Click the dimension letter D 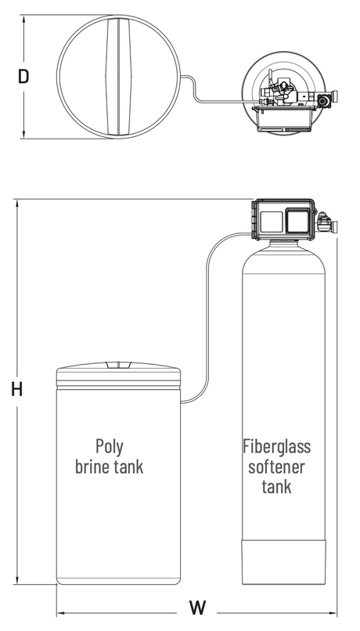[23, 77]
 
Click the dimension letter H [17, 390]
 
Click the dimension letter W [197, 608]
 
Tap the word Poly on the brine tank [110, 446]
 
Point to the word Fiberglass [277, 446]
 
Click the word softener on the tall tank [277, 467]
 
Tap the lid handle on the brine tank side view [119, 365]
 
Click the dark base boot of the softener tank [283, 562]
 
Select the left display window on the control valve [271, 222]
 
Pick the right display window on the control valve [297, 221]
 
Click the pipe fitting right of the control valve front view [325, 222]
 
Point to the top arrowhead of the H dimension [17, 204]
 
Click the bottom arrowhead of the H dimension [17, 580]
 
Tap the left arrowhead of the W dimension [61, 614]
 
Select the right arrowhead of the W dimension [333, 614]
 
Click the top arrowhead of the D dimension [23, 20]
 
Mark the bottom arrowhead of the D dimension [23, 135]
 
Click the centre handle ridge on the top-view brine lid [119, 77]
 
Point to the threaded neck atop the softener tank [283, 243]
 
